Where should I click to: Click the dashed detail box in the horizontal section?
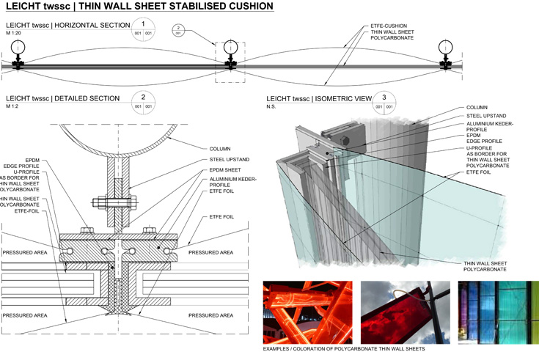(x=230, y=62)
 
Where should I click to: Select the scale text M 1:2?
(x=12, y=107)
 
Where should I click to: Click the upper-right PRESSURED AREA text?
(x=210, y=252)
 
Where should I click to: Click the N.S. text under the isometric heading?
(x=272, y=107)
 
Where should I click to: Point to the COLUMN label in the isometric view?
(x=477, y=107)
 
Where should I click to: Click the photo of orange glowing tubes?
(x=307, y=309)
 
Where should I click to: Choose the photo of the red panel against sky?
(x=400, y=309)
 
